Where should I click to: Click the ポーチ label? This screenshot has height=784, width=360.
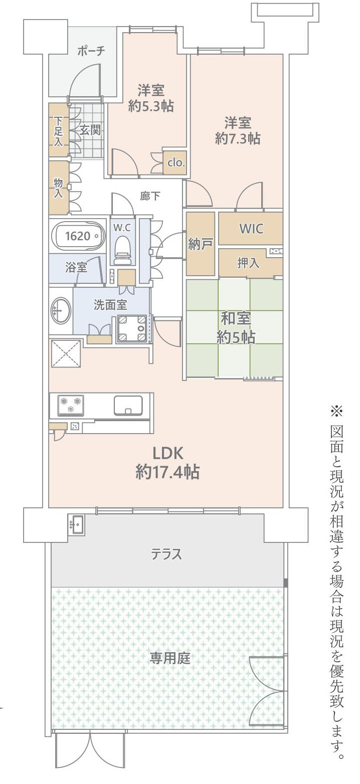pyautogui.click(x=91, y=51)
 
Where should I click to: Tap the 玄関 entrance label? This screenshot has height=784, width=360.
pyautogui.click(x=90, y=130)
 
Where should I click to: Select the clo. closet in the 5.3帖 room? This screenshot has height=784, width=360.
pyautogui.click(x=176, y=162)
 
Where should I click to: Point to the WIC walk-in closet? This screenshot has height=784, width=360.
pyautogui.click(x=251, y=228)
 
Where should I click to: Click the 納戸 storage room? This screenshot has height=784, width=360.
pyautogui.click(x=201, y=244)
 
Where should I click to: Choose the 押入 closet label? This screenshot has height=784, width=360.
pyautogui.click(x=248, y=263)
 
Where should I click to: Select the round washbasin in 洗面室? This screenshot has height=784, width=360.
pyautogui.click(x=61, y=311)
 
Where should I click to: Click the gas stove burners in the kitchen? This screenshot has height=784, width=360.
pyautogui.click(x=71, y=405)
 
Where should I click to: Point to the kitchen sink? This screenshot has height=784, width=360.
pyautogui.click(x=128, y=405)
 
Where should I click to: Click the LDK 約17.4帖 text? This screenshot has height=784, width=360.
pyautogui.click(x=167, y=462)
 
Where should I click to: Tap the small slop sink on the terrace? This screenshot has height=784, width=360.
pyautogui.click(x=77, y=524)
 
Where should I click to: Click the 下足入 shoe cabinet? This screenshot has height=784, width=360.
pyautogui.click(x=59, y=130)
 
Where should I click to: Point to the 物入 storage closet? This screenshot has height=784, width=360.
pyautogui.click(x=59, y=186)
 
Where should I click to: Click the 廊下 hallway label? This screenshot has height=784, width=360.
pyautogui.click(x=150, y=196)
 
